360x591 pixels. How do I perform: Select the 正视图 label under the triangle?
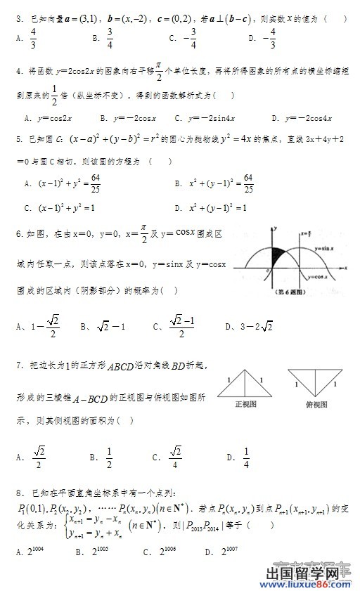coord(245,405)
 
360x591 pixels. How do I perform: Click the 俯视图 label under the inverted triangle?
coord(317,405)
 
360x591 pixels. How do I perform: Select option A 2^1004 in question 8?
coord(28,552)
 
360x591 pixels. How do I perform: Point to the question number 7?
coord(18,365)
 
